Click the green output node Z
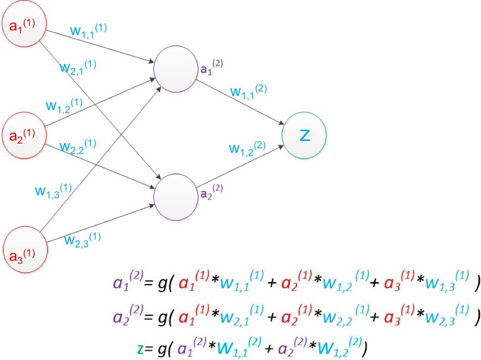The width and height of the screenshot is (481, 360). [305, 136]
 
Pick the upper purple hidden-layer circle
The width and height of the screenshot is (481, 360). [176, 69]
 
